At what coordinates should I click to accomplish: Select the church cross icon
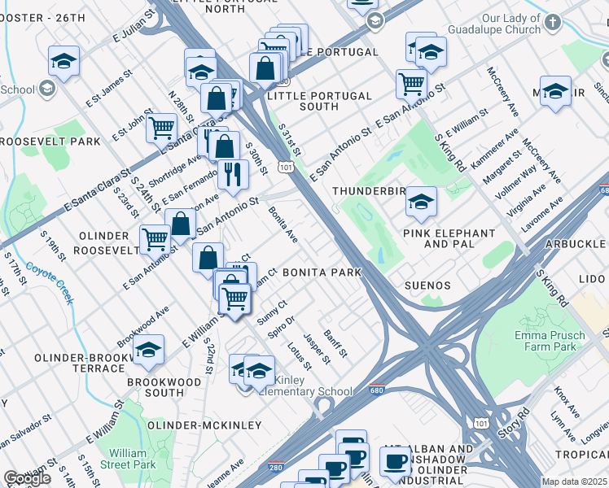click(x=553, y=23)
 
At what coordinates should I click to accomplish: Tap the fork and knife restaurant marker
click(x=232, y=174)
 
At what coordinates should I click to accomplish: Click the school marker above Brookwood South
click(x=148, y=350)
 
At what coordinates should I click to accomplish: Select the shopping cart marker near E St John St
click(x=161, y=126)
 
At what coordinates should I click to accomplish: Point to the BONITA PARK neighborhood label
click(x=322, y=273)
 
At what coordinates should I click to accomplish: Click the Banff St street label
click(x=335, y=342)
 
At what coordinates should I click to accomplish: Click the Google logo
click(x=27, y=478)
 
